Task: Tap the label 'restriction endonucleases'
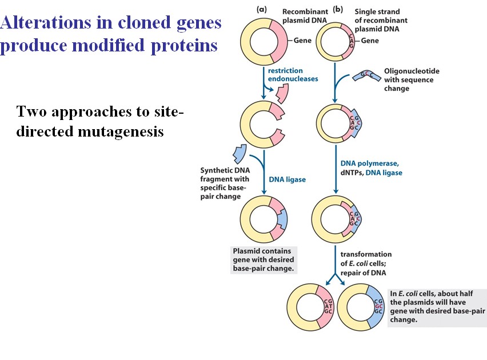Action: pyautogui.click(x=293, y=75)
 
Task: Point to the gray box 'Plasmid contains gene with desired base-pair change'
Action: pyautogui.click(x=262, y=259)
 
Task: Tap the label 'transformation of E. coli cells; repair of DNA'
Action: pyautogui.click(x=366, y=263)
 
